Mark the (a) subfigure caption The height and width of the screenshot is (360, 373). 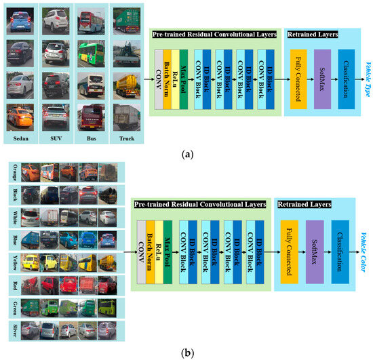[x=186, y=154]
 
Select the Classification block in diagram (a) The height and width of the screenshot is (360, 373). [x=347, y=78]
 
